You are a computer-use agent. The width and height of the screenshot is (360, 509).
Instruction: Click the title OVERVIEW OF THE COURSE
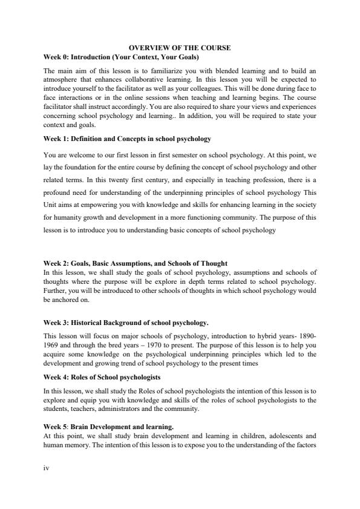tap(180, 47)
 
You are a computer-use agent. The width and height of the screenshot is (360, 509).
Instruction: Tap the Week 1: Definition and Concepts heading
tap(127, 139)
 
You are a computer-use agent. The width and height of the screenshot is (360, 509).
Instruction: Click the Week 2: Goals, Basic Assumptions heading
tap(136, 263)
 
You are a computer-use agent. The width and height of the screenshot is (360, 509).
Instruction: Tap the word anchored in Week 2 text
tap(65, 299)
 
